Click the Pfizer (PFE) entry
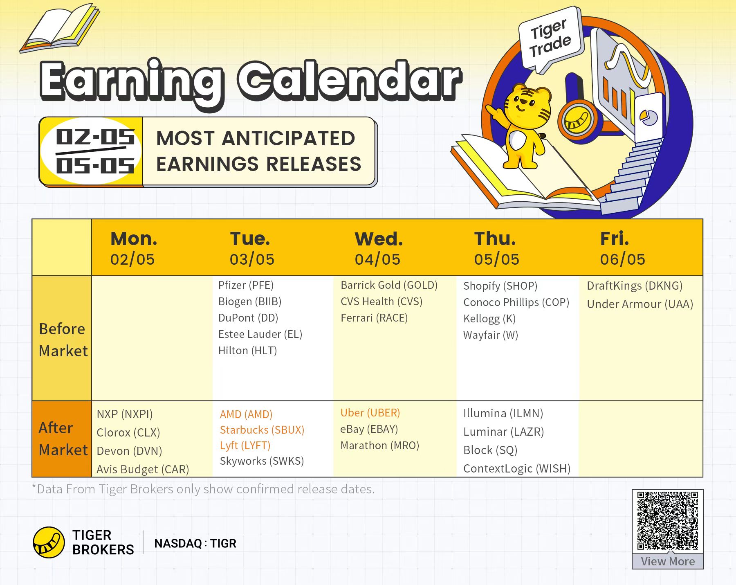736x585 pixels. (246, 285)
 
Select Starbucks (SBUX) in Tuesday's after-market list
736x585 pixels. (262, 430)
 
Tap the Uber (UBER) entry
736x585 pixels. (370, 413)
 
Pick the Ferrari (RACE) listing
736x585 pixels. (374, 318)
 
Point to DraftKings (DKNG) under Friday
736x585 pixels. (635, 286)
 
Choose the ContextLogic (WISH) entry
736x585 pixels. (517, 468)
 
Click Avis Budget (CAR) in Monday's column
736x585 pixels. (143, 469)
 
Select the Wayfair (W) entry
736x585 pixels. (491, 335)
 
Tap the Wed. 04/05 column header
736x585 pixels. (378, 248)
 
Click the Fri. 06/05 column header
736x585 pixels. (622, 248)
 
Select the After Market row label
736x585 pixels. (63, 439)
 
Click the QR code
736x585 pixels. (667, 521)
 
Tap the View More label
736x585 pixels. (668, 561)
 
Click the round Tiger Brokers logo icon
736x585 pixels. (49, 542)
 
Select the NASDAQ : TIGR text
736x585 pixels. (195, 543)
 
